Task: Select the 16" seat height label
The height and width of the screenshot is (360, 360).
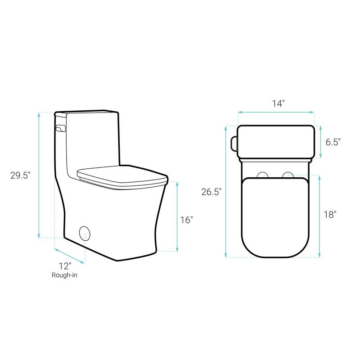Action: click(186, 220)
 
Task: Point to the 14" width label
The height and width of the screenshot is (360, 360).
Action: click(278, 103)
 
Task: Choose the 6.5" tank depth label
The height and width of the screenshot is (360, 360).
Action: click(333, 142)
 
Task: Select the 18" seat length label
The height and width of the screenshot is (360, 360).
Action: click(330, 215)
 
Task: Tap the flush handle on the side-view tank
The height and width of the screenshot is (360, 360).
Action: click(59, 129)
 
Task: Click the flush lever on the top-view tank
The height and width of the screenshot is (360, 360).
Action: click(234, 142)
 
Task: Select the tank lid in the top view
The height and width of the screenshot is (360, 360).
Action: click(275, 141)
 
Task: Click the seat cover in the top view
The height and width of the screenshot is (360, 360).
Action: click(275, 216)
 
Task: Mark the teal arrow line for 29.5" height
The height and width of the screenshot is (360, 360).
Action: click(40, 175)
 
